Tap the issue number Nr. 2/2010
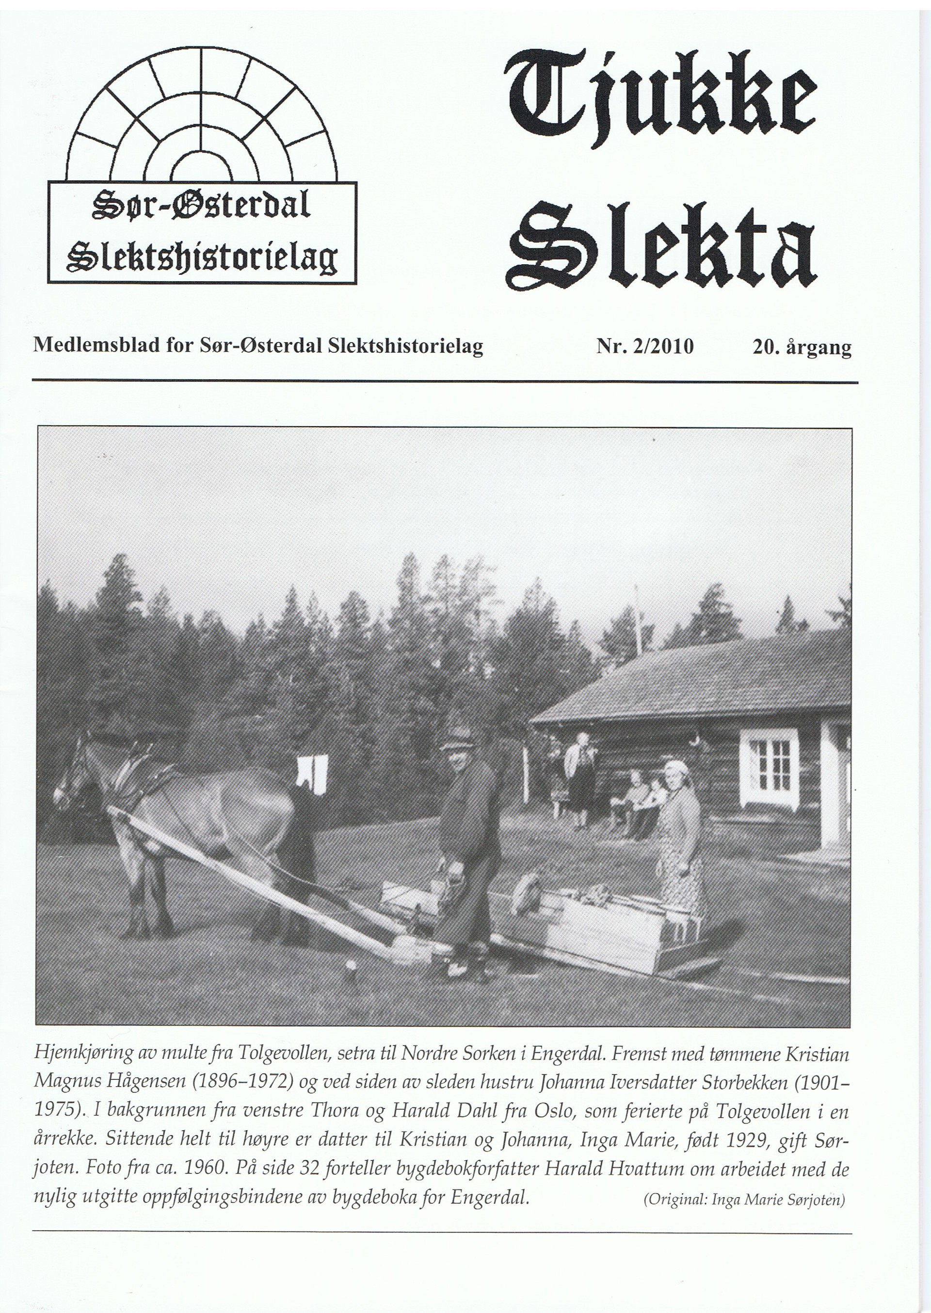(644, 346)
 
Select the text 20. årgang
(802, 347)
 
